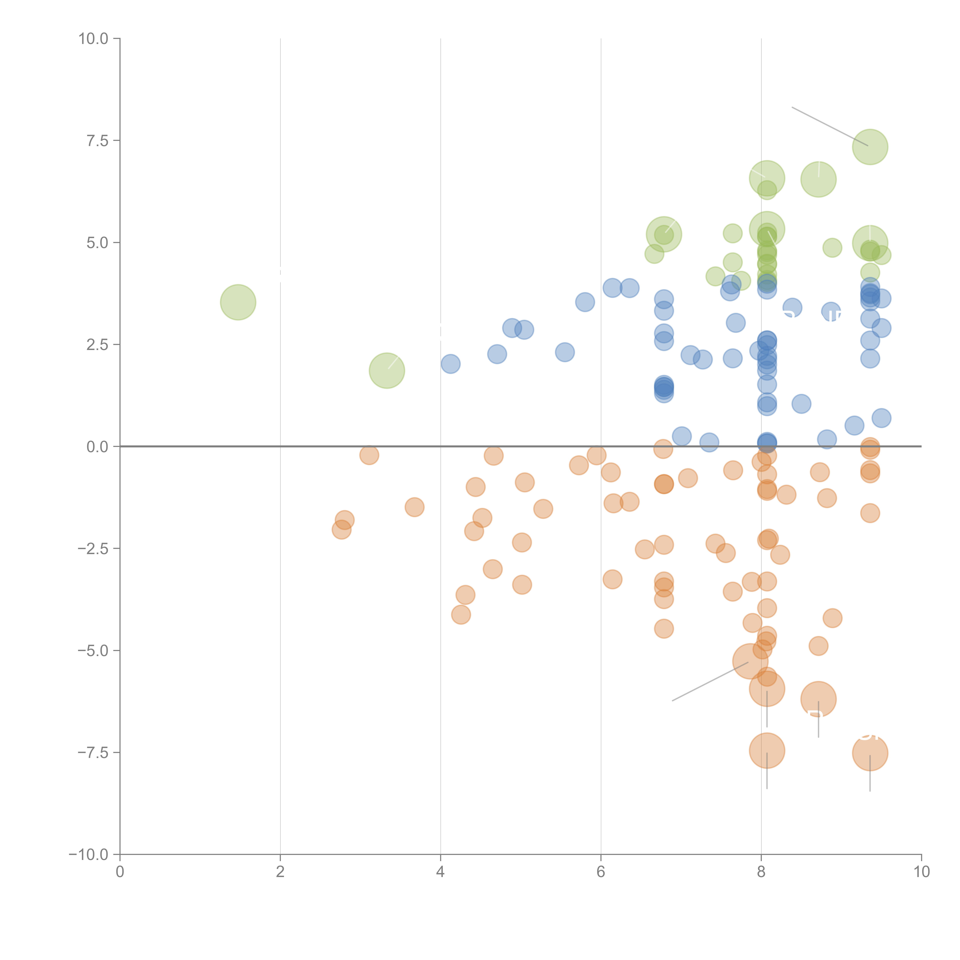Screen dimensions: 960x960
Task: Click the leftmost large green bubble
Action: click(238, 302)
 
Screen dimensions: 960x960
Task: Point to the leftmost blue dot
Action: click(450, 364)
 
